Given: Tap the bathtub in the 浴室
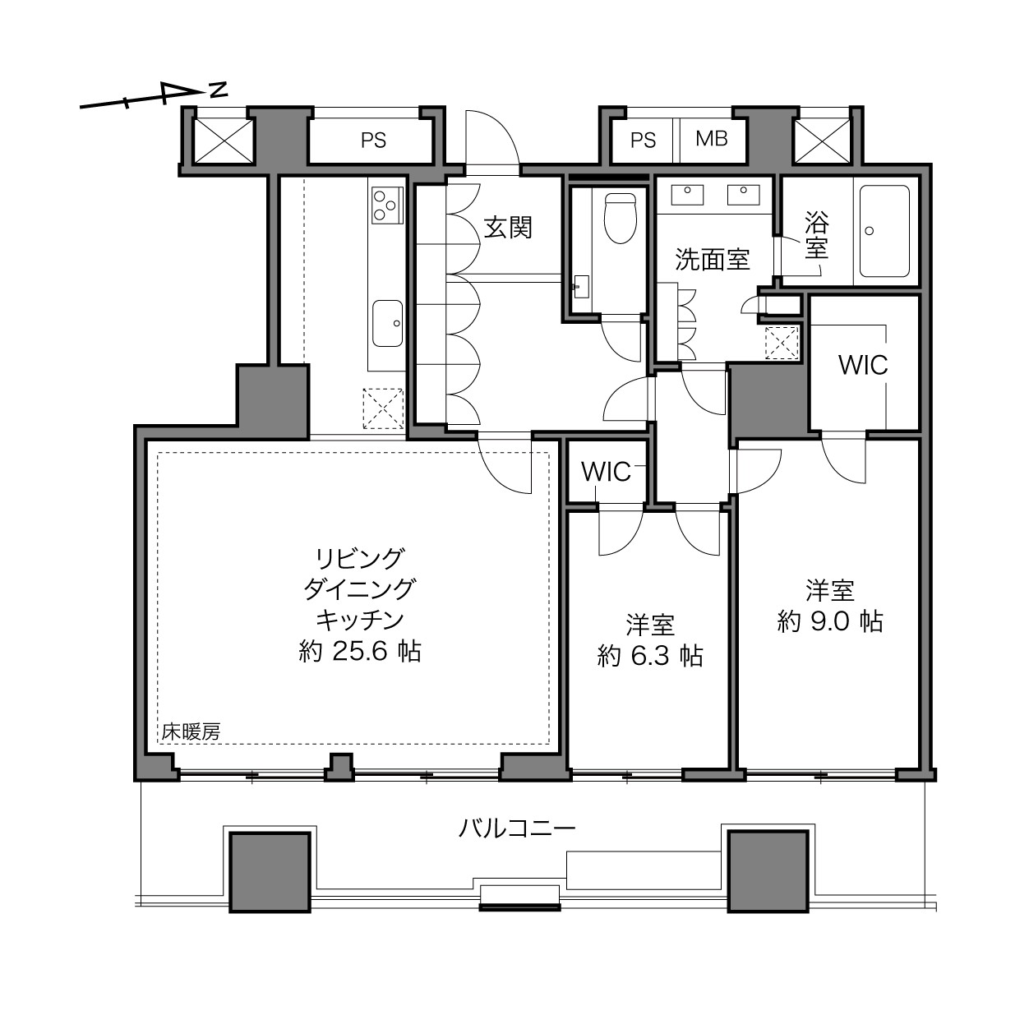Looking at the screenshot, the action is (x=884, y=231).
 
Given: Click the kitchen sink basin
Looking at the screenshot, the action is (x=387, y=323).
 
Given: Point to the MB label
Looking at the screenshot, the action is (x=711, y=139).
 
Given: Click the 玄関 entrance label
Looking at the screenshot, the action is (x=508, y=228).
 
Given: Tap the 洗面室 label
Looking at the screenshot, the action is (x=713, y=260).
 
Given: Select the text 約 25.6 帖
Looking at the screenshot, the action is (x=360, y=651).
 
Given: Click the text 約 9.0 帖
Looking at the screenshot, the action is (x=830, y=621).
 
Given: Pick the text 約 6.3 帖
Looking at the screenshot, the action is (x=650, y=655).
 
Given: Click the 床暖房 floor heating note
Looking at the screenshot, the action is (x=191, y=731).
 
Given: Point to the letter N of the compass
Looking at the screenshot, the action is (x=219, y=90).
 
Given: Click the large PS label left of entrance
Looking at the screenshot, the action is (x=373, y=141).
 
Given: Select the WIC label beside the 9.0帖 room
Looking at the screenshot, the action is (x=863, y=365).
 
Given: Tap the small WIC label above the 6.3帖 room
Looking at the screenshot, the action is (x=606, y=472).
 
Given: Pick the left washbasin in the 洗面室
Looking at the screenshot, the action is (x=687, y=195).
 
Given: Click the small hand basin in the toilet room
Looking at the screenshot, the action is (x=580, y=287).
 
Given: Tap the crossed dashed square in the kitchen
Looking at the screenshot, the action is (x=383, y=408).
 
